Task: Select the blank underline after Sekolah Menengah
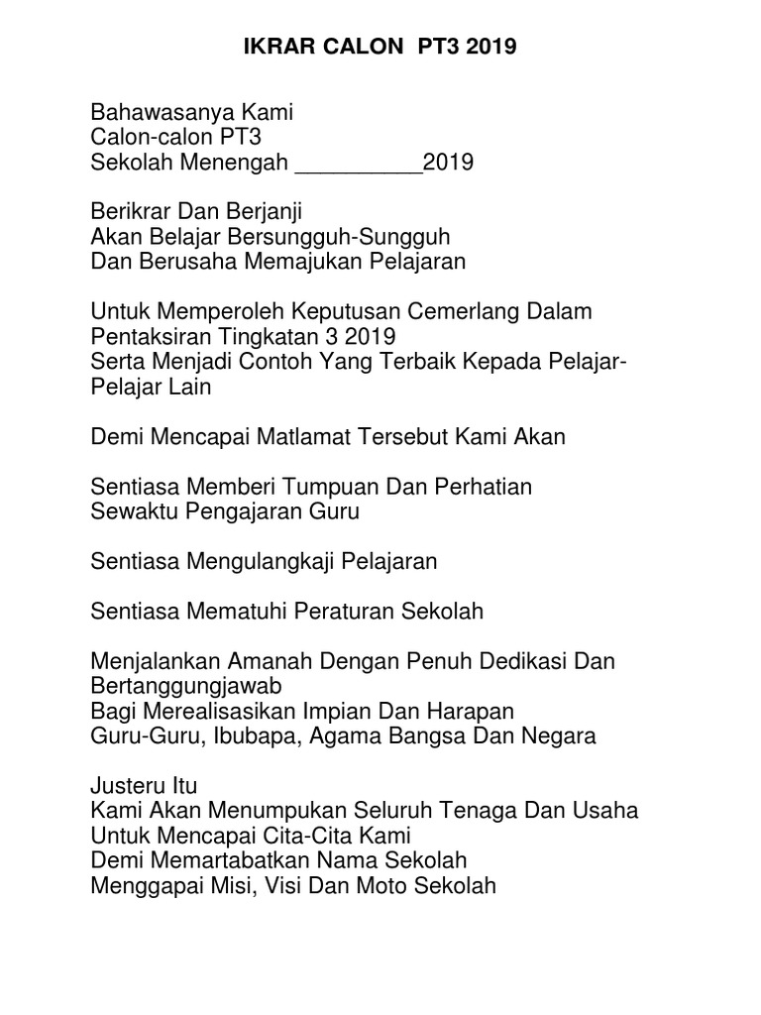tap(359, 163)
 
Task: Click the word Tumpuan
tap(330, 487)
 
